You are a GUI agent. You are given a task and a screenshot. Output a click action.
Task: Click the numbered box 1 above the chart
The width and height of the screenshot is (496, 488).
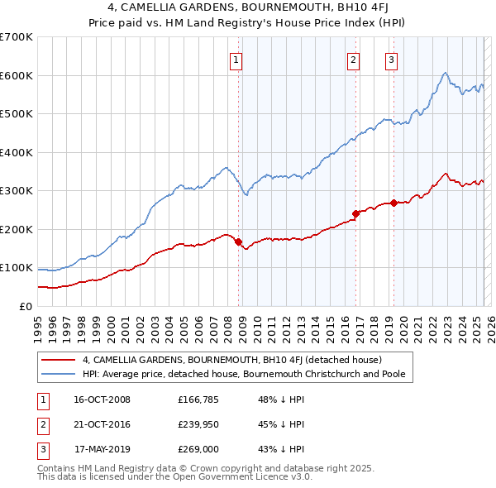(236, 59)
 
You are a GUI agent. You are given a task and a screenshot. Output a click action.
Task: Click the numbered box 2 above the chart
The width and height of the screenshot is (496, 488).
(353, 59)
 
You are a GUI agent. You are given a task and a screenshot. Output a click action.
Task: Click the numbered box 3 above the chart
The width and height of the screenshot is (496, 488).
(391, 59)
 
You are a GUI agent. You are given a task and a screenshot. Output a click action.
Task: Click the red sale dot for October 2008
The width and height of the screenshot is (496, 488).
(238, 242)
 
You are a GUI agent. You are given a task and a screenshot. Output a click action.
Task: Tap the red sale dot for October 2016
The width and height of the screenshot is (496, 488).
(355, 213)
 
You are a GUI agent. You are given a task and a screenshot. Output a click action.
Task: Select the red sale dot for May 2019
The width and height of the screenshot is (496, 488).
(393, 203)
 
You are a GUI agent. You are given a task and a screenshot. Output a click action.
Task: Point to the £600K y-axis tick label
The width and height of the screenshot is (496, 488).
(17, 75)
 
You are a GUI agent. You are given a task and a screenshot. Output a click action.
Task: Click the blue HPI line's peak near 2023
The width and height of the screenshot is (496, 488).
(445, 73)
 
